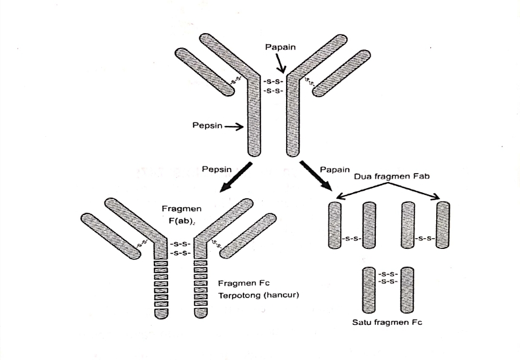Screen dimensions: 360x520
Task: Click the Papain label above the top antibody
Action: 280,47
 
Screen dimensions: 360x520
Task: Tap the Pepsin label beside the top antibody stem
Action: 207,126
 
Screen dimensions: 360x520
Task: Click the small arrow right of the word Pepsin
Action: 234,127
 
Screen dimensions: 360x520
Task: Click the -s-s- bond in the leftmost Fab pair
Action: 351,238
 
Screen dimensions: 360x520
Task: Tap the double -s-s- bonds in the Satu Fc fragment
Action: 388,277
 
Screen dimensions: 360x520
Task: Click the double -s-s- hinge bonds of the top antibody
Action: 273,86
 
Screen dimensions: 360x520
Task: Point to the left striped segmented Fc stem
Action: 161,288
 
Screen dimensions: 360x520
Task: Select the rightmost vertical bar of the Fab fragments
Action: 443,225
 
